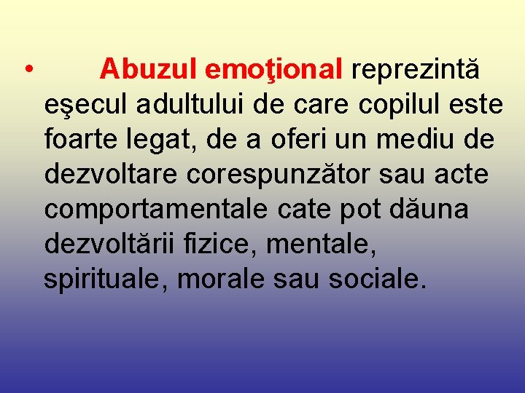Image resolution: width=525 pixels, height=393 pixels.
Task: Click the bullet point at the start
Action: click(26, 71)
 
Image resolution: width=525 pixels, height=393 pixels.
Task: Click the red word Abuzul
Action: click(149, 70)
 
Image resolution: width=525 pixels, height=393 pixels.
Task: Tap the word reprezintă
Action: click(416, 70)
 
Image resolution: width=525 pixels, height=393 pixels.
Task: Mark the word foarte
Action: click(80, 139)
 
